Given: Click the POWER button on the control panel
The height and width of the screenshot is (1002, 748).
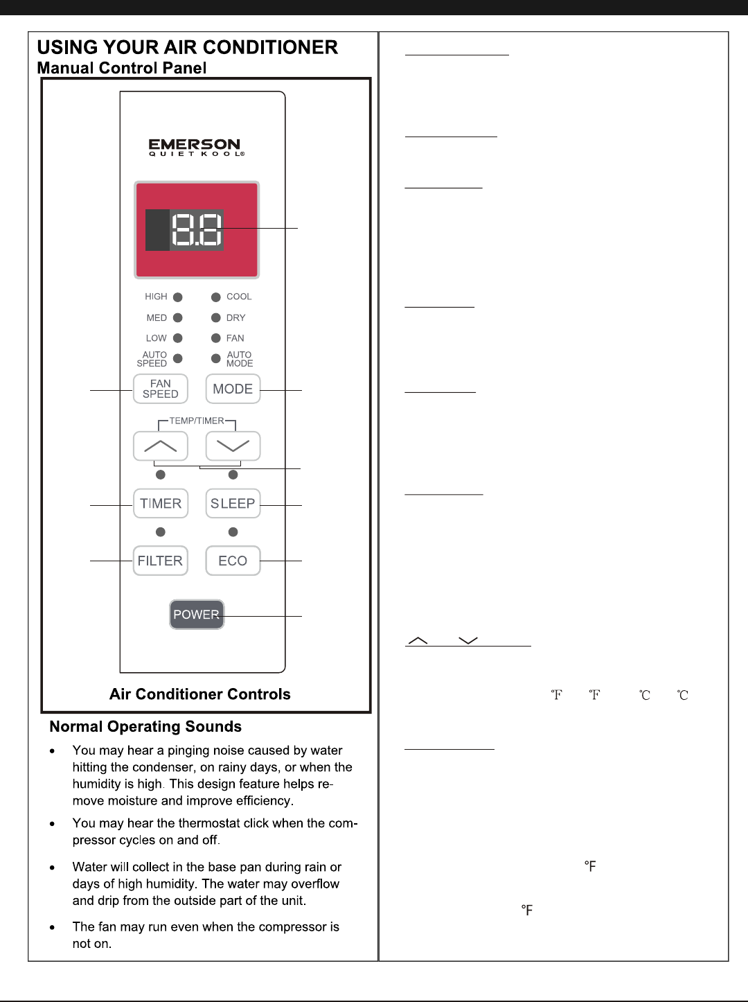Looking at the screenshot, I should click(197, 615).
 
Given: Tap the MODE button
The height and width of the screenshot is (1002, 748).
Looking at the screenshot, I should click(233, 389).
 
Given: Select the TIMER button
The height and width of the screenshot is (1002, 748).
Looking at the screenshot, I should click(161, 504).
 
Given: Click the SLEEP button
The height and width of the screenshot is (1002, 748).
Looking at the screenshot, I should click(233, 504).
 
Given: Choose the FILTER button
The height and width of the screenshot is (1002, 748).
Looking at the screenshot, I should click(161, 561).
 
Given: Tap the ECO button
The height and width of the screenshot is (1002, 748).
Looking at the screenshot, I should click(233, 561).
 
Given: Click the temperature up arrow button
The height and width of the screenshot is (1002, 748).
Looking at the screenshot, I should click(161, 446).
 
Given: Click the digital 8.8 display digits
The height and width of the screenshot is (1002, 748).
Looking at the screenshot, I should click(197, 229).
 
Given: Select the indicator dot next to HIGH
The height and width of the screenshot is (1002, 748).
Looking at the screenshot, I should click(178, 297).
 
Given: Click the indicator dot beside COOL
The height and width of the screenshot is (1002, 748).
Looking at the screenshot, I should click(216, 297).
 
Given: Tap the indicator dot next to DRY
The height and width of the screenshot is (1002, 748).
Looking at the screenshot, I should click(216, 318).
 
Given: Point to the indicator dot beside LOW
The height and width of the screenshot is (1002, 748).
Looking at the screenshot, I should click(178, 338).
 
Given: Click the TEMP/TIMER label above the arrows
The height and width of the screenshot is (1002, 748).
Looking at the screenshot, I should click(197, 421).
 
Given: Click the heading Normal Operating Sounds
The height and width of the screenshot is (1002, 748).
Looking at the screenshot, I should click(145, 727).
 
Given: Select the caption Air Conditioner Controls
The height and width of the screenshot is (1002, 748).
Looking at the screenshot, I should click(200, 694).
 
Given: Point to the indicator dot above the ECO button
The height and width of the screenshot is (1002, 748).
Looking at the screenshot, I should click(233, 532).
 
